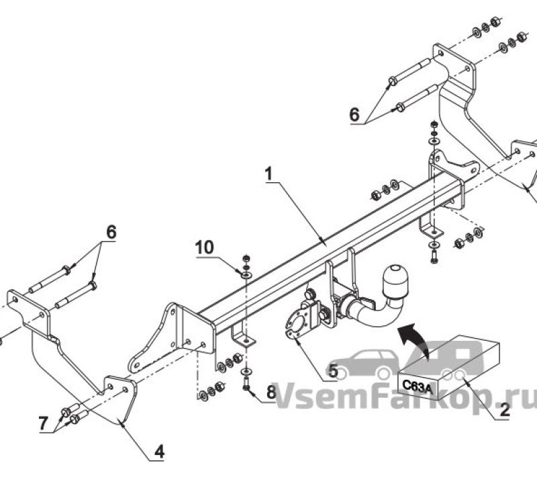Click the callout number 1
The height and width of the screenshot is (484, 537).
point(269,174)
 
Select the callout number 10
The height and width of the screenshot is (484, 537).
point(205,247)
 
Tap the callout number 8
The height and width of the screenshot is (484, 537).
point(271,392)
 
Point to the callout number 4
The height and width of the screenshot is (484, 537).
point(159,452)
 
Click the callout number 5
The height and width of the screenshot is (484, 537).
point(332,371)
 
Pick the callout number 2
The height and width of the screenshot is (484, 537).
point(505,410)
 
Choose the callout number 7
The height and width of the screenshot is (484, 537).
point(43,424)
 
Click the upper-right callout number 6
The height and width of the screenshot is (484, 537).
point(354,114)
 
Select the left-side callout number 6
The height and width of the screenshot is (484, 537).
point(111,232)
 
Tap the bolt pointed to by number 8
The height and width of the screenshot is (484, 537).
point(246,383)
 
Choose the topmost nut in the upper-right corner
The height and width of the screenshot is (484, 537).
point(495,22)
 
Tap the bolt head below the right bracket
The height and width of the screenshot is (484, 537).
point(434,257)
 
